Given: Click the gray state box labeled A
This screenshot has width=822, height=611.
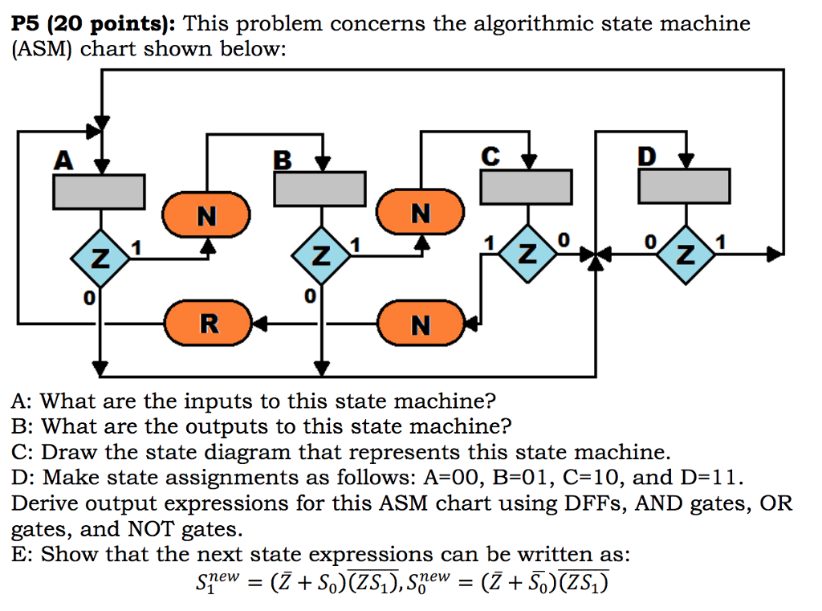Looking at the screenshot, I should (x=98, y=192).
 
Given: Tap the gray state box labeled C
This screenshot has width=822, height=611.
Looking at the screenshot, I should (x=526, y=187).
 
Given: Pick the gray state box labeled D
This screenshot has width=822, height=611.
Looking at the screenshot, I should (x=684, y=186).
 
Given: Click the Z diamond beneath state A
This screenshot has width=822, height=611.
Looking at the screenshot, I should (x=99, y=258).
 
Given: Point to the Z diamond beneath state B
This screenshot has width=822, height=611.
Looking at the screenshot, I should (x=321, y=258).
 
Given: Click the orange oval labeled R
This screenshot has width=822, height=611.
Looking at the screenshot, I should (x=209, y=324).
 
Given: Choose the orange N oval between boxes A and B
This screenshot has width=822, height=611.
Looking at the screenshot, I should (x=207, y=216).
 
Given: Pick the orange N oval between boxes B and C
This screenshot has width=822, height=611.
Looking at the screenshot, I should (x=421, y=213).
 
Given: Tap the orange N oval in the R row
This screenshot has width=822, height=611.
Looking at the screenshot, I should (x=421, y=324).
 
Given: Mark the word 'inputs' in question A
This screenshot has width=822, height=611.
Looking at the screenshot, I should (x=222, y=400).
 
